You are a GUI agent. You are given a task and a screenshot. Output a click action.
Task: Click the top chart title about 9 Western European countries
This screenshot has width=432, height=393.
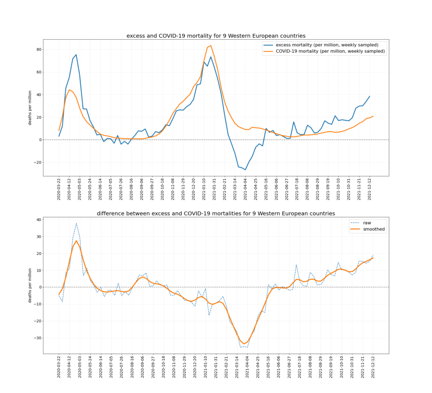216,36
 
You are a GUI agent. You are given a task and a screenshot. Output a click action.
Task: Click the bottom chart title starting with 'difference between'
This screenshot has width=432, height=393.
216,213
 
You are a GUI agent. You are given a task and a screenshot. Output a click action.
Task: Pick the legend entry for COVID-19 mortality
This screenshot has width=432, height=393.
324,51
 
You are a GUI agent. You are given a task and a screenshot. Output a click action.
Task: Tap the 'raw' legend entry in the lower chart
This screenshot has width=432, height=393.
367,222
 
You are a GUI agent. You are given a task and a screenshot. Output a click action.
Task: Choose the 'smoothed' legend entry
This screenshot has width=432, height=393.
374,229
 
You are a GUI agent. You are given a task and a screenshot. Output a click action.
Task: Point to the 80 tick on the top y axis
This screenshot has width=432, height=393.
39,49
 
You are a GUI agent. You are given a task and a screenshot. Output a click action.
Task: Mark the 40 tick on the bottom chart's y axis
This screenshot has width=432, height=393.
39,220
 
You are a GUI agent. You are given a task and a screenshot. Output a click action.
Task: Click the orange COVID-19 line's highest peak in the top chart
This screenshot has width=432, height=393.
211,46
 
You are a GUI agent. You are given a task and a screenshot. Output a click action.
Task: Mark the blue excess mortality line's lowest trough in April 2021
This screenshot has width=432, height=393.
245,170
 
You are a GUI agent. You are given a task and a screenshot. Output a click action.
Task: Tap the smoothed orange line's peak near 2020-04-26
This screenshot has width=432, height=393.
76,241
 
